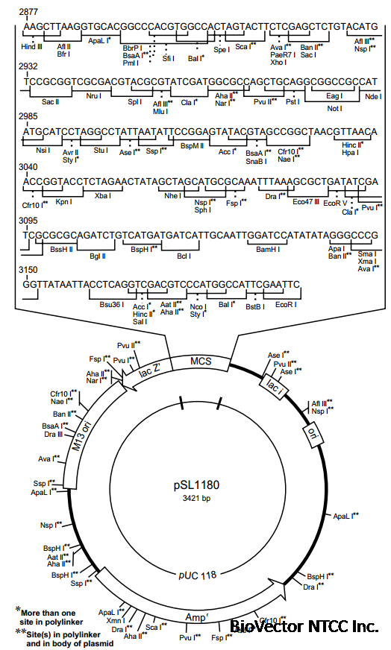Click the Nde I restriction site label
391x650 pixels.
[371, 97]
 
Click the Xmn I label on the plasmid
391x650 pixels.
[115, 620]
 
